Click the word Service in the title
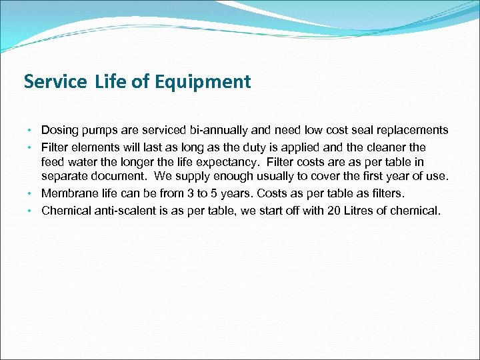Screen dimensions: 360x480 click(x=55, y=82)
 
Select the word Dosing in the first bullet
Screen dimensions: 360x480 click(x=58, y=130)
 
